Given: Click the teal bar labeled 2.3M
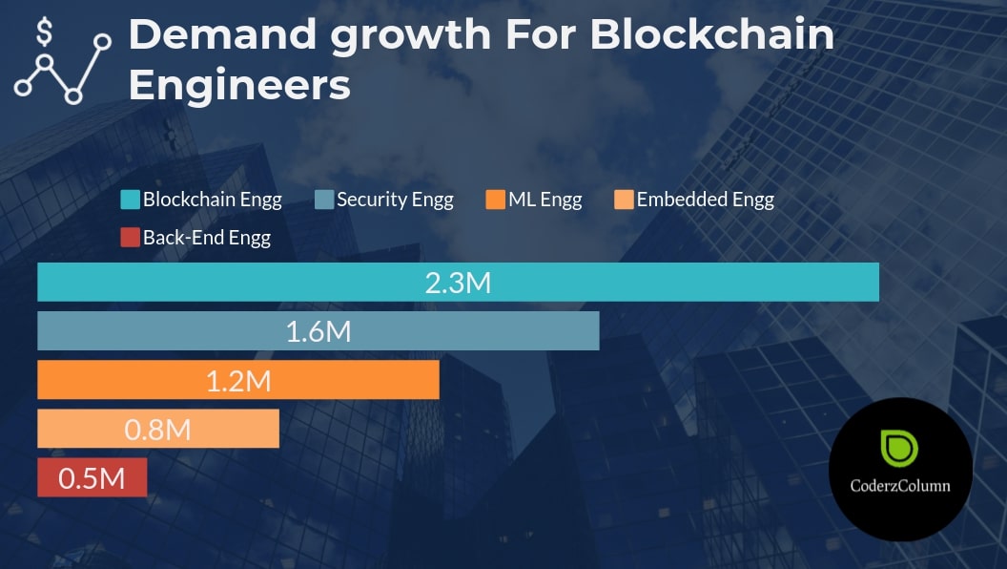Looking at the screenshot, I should pos(668,283).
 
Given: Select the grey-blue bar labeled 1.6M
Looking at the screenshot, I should pos(477,331).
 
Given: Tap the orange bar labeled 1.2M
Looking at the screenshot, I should pos(362,380).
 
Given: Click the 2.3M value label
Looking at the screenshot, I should pos(458,283).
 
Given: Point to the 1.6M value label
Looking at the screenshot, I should pos(319,331).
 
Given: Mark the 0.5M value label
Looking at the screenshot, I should pos(92,477).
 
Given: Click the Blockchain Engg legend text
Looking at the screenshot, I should pos(212,200).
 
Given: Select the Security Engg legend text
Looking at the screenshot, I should pos(395,200).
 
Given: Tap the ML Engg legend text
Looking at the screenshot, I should pos(545,200).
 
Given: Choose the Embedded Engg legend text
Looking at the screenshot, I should pos(705,200).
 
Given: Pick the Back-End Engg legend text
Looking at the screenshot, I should pos(206,238).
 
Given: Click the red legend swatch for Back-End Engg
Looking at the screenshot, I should pos(130,238).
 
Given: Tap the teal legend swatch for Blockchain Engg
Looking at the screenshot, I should pos(130,200).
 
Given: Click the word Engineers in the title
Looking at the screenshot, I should pos(239,85).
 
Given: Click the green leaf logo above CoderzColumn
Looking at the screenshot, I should pos(899,449).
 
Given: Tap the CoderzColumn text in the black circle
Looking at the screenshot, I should pos(899,486).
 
